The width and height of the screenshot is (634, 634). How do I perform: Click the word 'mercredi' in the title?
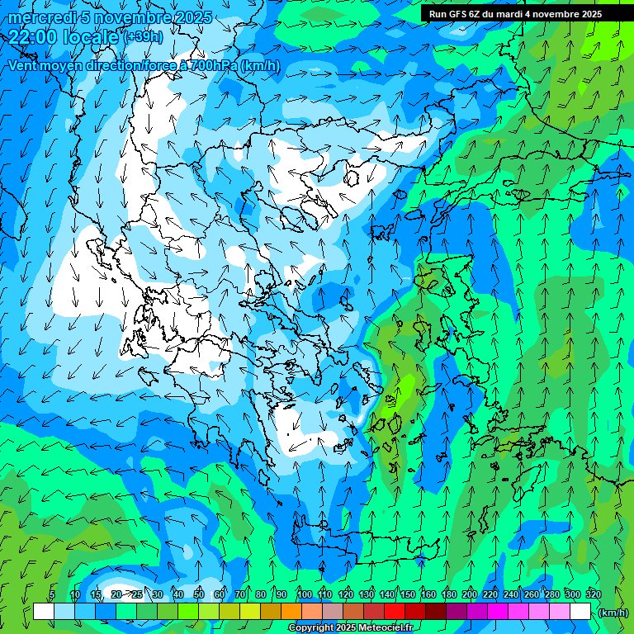[38, 17]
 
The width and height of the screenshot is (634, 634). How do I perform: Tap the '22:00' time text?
[31, 36]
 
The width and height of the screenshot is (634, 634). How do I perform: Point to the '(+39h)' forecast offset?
[144, 37]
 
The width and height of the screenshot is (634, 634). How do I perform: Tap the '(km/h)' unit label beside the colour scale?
[613, 613]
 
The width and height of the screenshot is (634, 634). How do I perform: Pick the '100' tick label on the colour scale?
[304, 594]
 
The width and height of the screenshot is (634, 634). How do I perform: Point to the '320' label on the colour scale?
[593, 594]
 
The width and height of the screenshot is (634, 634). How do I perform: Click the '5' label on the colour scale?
[51, 594]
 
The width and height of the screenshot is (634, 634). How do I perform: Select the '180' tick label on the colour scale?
[448, 594]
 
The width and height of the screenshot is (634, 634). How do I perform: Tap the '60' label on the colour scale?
[219, 594]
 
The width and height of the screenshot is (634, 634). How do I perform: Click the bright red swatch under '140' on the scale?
[395, 612]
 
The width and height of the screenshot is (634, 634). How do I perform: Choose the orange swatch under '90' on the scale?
[291, 612]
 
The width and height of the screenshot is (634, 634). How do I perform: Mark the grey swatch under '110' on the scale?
[333, 612]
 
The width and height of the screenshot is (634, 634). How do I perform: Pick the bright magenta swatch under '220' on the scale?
[498, 612]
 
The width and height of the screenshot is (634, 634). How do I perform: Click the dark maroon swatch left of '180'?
[436, 612]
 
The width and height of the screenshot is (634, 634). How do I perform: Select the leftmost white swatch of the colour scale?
[44, 612]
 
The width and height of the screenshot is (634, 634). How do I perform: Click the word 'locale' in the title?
[92, 36]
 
